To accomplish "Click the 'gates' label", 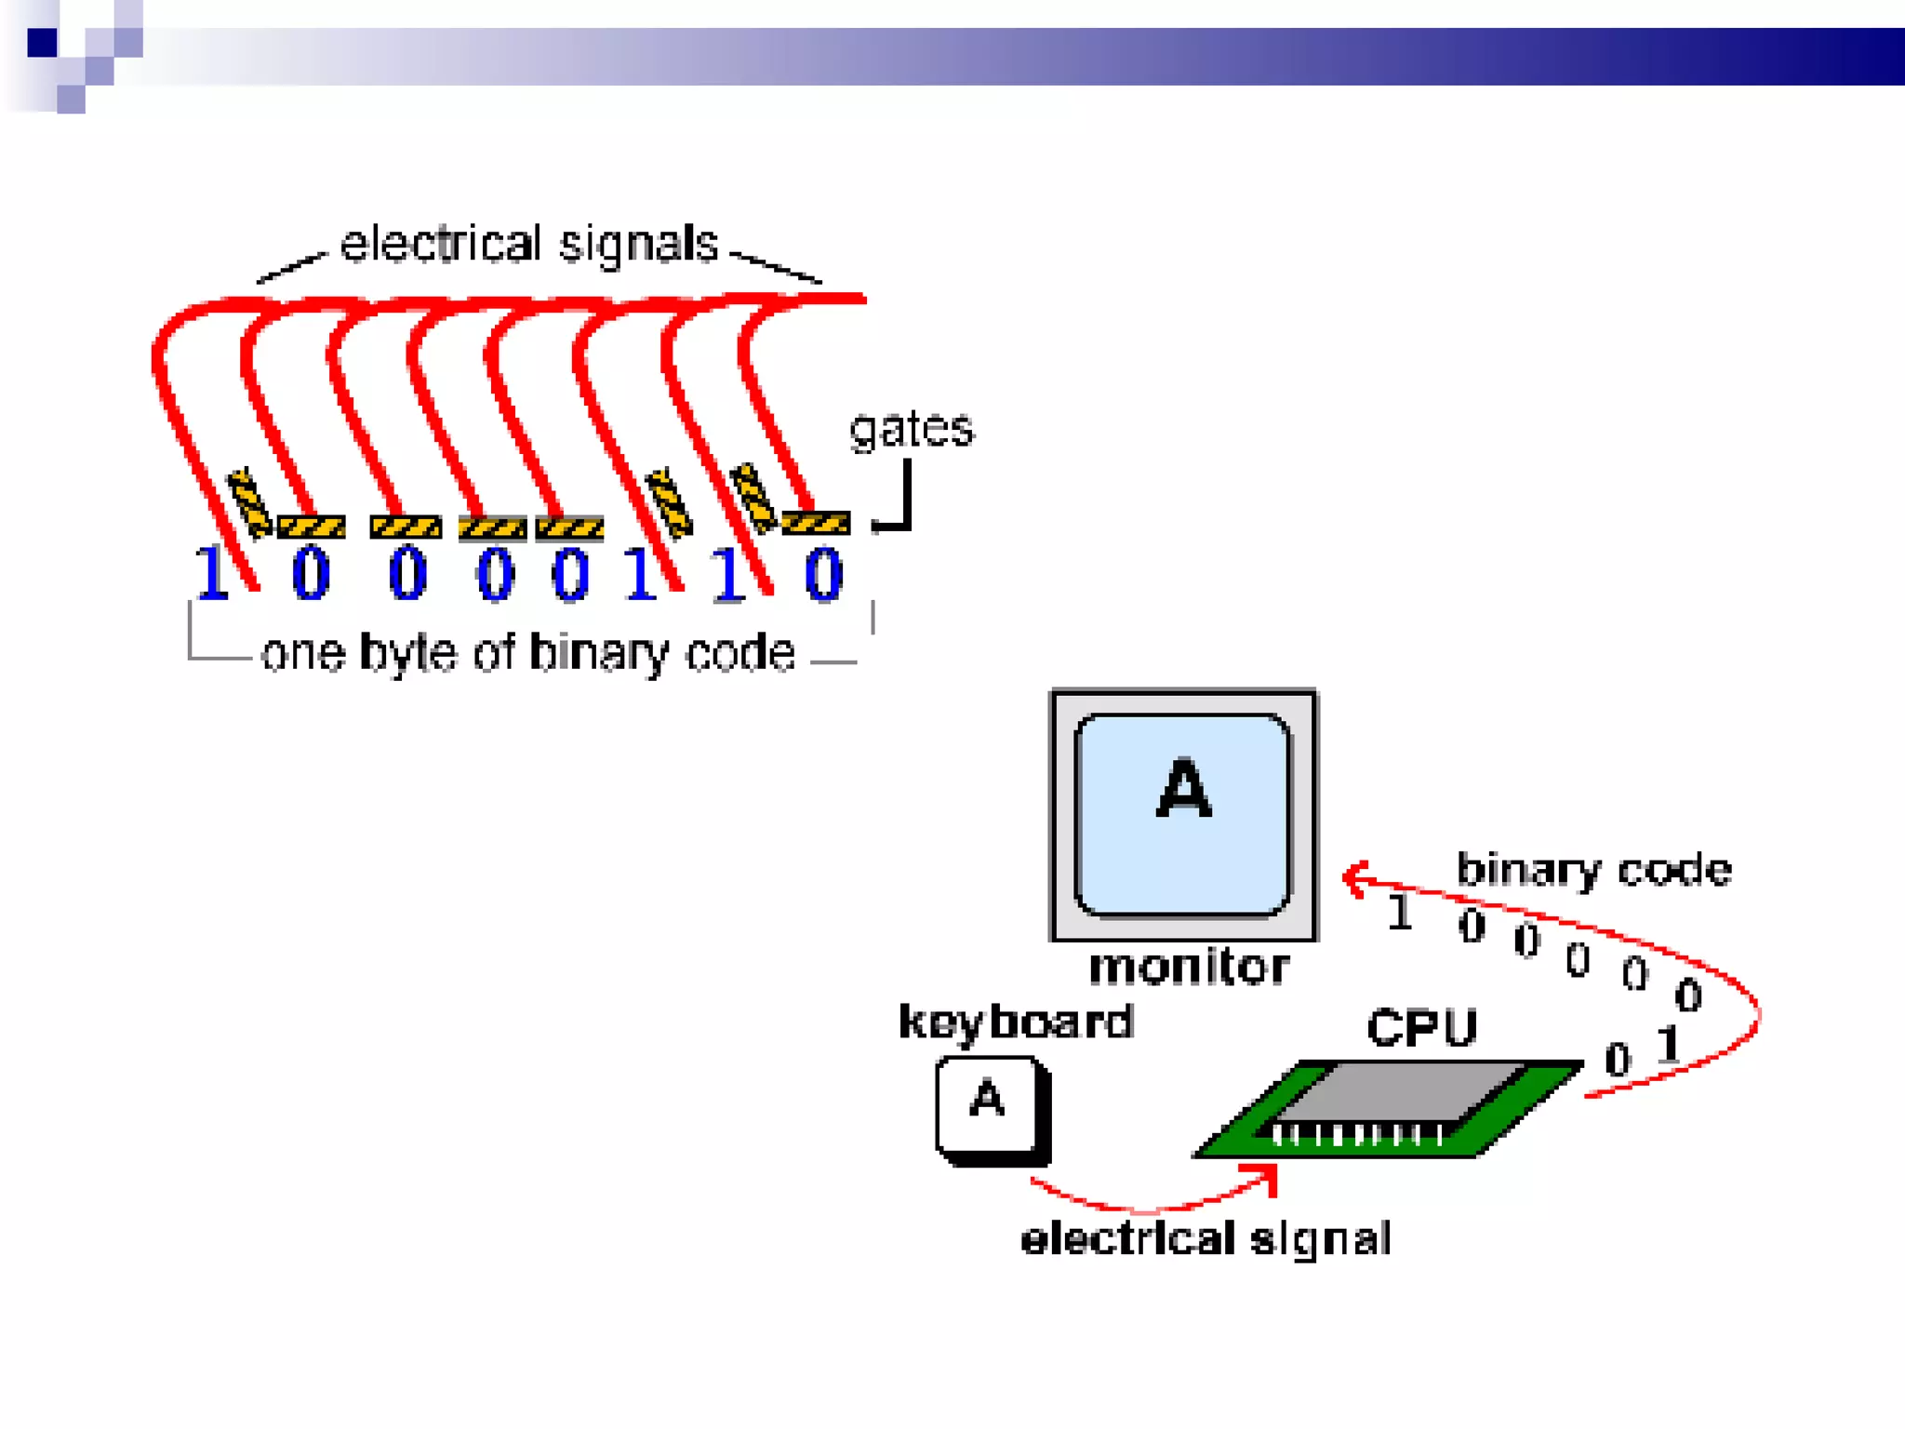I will point(911,430).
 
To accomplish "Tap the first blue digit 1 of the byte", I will point(212,573).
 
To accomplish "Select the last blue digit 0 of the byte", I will point(823,574).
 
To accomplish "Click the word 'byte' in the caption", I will point(411,653).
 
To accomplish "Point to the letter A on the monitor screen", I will point(1183,789).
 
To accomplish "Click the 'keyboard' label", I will point(1016,1022).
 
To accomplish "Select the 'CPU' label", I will point(1421,1028).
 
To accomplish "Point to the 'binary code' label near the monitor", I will point(1593,870).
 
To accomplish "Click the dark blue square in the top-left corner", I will point(42,43).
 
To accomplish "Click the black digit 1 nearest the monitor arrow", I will point(1399,913).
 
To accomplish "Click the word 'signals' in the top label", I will point(638,245).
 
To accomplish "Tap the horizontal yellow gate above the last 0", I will point(816,523).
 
